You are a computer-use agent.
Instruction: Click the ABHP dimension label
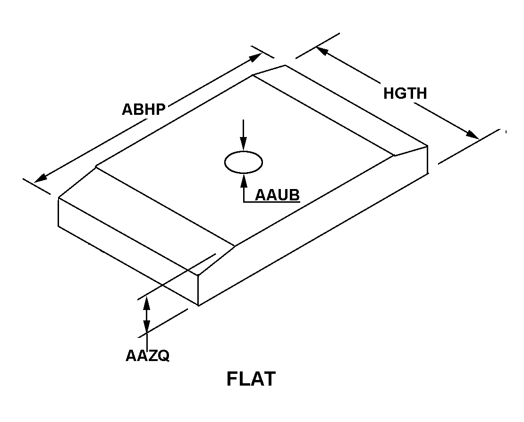point(144,110)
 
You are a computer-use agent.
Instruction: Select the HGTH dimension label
point(405,94)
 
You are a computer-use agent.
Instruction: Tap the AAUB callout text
point(278,195)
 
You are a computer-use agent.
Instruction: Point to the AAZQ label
point(147,355)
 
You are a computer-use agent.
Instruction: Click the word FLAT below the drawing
point(251,379)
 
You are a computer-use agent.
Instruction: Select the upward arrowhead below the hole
point(244,180)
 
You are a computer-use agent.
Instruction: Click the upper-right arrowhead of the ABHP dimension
point(256,58)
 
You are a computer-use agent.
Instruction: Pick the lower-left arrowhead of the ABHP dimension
point(41,178)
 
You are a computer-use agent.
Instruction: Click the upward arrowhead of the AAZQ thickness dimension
point(146,303)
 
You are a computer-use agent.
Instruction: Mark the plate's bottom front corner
point(198,305)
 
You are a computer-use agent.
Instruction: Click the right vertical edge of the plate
point(427,160)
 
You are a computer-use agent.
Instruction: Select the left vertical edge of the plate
point(59,212)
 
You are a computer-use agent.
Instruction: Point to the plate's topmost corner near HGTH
point(285,65)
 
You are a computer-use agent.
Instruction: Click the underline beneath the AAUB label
point(272,202)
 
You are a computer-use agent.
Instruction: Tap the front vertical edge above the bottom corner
point(198,290)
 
